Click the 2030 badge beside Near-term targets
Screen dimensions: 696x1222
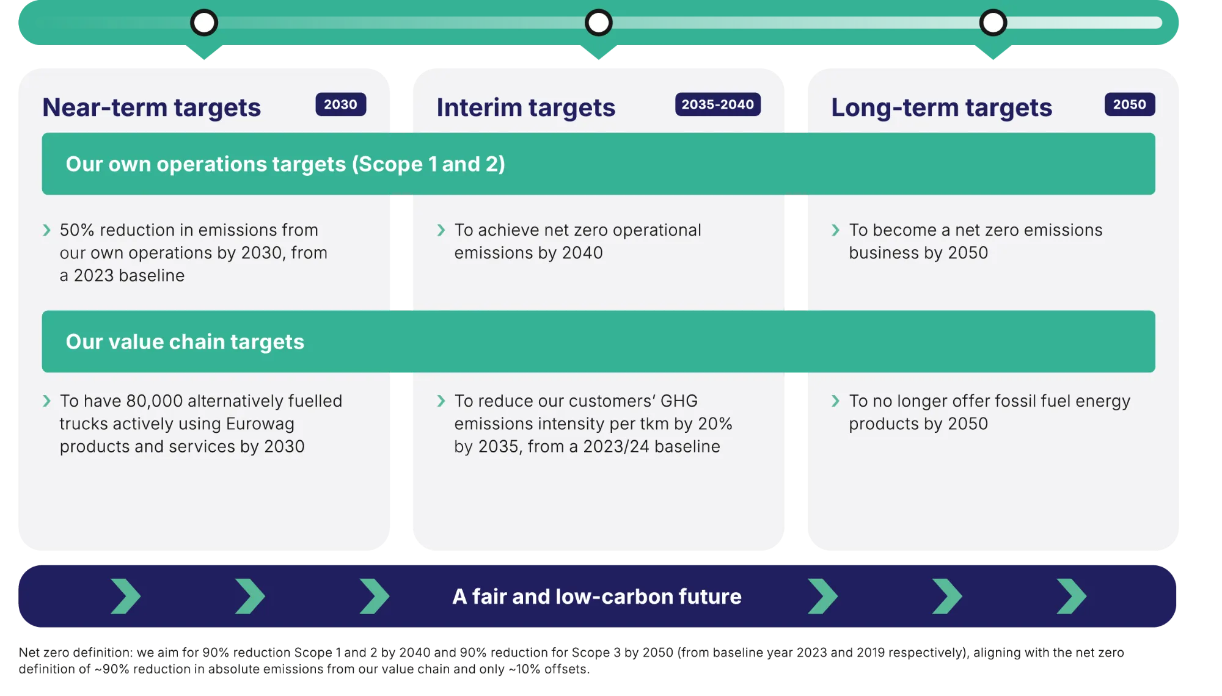click(x=340, y=104)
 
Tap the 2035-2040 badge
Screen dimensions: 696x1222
click(x=717, y=104)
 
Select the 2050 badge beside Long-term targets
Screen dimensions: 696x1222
click(x=1129, y=104)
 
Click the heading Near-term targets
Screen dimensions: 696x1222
click(x=152, y=107)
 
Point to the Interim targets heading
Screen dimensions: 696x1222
click(x=525, y=107)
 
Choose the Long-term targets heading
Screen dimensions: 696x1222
click(x=941, y=107)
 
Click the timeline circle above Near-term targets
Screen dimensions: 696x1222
click(x=204, y=23)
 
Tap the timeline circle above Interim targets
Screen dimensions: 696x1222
click(x=598, y=23)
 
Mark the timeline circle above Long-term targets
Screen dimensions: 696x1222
click(x=993, y=23)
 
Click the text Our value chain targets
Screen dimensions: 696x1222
click(x=185, y=342)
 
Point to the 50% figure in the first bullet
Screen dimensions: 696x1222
click(x=77, y=230)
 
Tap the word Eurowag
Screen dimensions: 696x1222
click(x=260, y=424)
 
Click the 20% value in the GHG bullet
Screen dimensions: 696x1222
click(x=715, y=424)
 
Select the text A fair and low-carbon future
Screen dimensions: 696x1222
click(x=596, y=596)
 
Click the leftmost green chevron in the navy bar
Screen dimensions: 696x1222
click(x=126, y=596)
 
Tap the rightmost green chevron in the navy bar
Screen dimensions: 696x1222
click(x=1071, y=596)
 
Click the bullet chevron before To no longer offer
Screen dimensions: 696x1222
click(x=835, y=401)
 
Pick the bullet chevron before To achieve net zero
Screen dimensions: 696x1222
click(x=441, y=230)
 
